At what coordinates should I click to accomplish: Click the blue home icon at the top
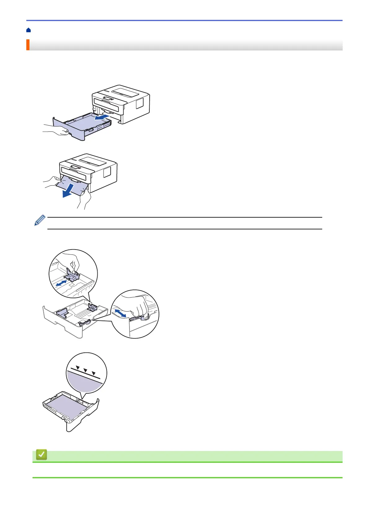[29, 30]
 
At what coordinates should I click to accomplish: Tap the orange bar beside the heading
[28, 45]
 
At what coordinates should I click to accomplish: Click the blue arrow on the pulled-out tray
[102, 117]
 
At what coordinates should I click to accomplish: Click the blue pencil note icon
[40, 220]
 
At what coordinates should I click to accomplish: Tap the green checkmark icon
[42, 455]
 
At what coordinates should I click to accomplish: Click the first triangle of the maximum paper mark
[78, 368]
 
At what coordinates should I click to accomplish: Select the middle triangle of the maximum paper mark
[86, 370]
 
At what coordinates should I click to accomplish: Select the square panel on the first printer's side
[140, 103]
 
